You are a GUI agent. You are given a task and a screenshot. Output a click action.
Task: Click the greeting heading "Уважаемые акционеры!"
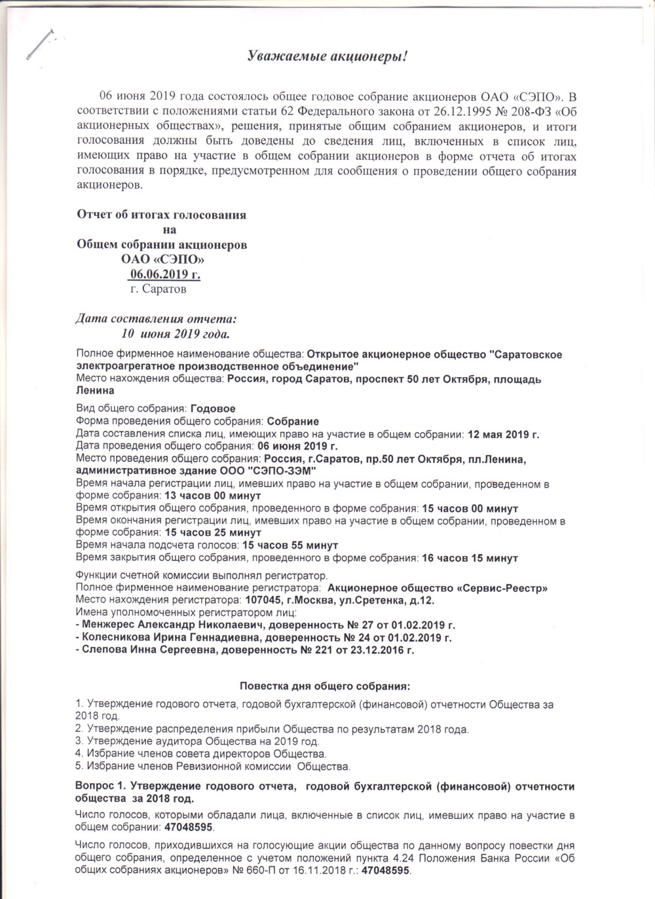(x=327, y=57)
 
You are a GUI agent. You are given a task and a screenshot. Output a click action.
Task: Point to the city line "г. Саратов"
(x=158, y=289)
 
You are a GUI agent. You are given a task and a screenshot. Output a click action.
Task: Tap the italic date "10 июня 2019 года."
(x=176, y=335)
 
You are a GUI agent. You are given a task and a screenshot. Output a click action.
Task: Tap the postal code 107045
(x=263, y=600)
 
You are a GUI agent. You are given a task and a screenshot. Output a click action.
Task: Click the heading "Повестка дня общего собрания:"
(x=325, y=687)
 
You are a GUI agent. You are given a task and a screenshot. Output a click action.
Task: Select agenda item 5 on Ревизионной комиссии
(x=214, y=765)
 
